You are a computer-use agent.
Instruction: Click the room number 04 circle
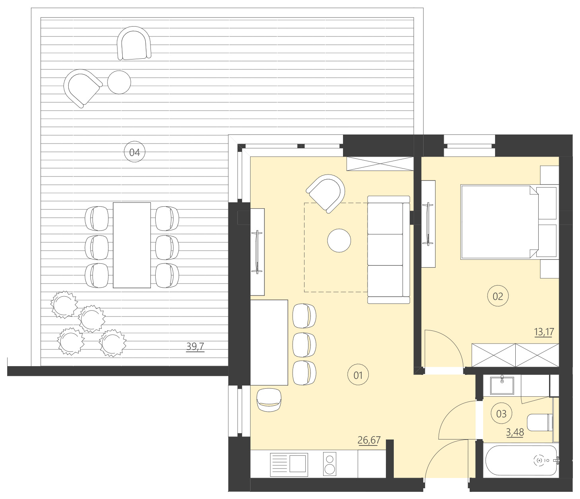pyautogui.click(x=135, y=152)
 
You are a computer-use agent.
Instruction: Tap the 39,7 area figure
pyautogui.click(x=195, y=346)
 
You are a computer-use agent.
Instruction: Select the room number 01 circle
pyautogui.click(x=358, y=375)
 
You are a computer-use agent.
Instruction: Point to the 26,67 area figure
pyautogui.click(x=369, y=440)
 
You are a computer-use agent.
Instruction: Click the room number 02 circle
pyautogui.click(x=497, y=296)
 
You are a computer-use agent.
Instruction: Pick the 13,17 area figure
pyautogui.click(x=544, y=332)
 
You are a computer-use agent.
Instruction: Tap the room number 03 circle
pyautogui.click(x=501, y=414)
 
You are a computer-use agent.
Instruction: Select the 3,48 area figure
pyautogui.click(x=514, y=432)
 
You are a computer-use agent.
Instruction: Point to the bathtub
pyautogui.click(x=521, y=460)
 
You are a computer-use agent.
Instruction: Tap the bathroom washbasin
pyautogui.click(x=502, y=385)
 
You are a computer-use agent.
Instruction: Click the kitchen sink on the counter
pyautogui.click(x=289, y=464)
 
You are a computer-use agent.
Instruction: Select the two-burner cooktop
pyautogui.click(x=330, y=464)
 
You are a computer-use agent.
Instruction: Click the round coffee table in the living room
pyautogui.click(x=339, y=240)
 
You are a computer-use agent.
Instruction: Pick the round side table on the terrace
pyautogui.click(x=119, y=82)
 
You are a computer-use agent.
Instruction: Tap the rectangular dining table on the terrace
pyautogui.click(x=132, y=245)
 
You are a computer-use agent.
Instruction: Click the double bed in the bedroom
pyautogui.click(x=500, y=222)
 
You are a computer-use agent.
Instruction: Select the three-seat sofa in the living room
pyautogui.click(x=388, y=249)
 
